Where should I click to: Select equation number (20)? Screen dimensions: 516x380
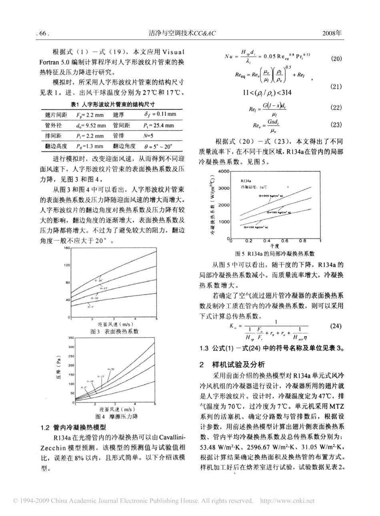click(x=336, y=59)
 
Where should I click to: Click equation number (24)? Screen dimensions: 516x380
click(x=336, y=326)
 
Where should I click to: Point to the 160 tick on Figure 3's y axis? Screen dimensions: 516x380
click(x=66, y=249)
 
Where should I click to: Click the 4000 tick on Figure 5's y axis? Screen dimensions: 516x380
click(x=223, y=171)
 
